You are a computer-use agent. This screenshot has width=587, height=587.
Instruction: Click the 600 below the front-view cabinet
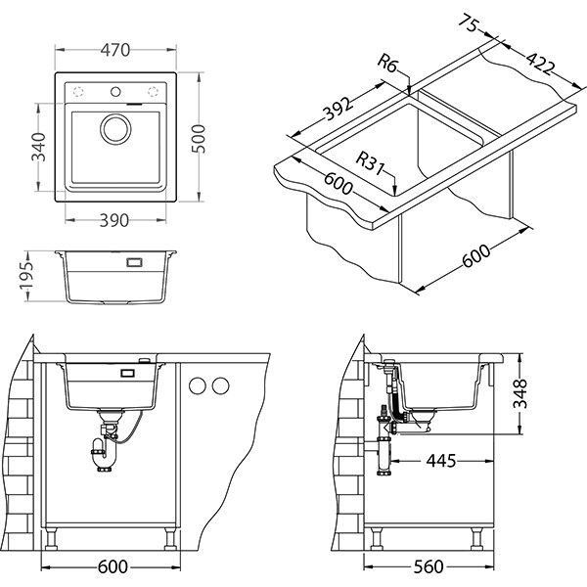[113, 567]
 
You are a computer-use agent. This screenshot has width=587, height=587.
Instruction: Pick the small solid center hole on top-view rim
[116, 92]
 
